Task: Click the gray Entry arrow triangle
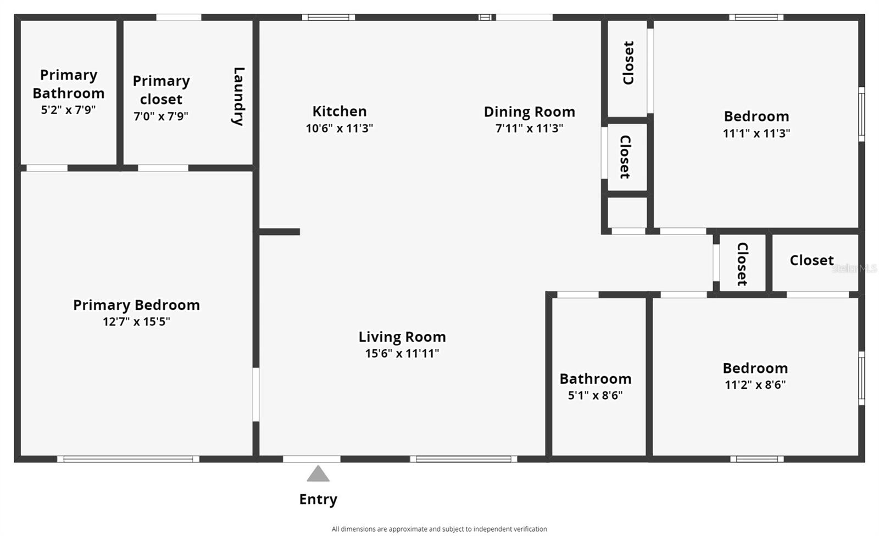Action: (x=318, y=473)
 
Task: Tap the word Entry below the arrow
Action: (x=318, y=500)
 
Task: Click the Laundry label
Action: (x=238, y=96)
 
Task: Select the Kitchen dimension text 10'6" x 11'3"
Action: (x=340, y=129)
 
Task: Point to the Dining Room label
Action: (x=530, y=112)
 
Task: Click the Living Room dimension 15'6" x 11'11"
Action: (x=402, y=354)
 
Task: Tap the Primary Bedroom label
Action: (x=137, y=305)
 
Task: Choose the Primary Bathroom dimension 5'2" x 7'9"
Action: (x=68, y=110)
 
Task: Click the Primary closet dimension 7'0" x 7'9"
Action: (x=161, y=116)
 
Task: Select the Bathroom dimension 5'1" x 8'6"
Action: (x=596, y=395)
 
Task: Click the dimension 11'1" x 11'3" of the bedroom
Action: (x=756, y=133)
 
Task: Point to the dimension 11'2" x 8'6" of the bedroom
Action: (x=755, y=384)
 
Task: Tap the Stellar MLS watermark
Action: (x=854, y=269)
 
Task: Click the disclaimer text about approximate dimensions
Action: (x=439, y=529)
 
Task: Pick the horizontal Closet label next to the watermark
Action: (x=811, y=260)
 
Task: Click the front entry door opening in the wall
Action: (x=311, y=459)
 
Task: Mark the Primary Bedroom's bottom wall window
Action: (x=129, y=459)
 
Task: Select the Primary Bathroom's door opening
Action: (x=47, y=168)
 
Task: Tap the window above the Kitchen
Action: (x=329, y=17)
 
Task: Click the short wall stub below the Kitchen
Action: (x=280, y=232)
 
